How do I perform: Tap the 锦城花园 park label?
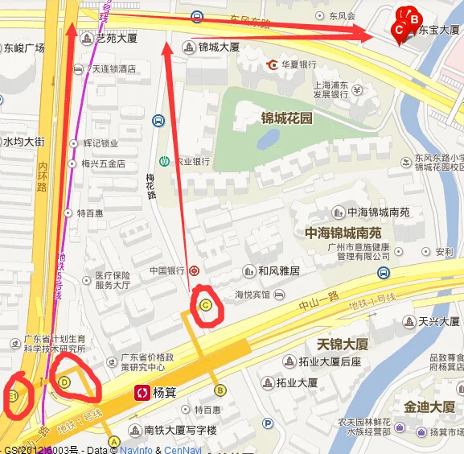coord(285,118)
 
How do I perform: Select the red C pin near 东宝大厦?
coord(398,30)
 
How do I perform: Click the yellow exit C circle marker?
coord(206,305)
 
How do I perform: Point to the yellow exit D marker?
coord(65,382)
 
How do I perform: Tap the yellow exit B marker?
coord(219,390)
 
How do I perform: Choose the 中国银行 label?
coord(167,271)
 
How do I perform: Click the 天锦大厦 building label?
coord(343,344)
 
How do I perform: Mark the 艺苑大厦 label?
coord(117,38)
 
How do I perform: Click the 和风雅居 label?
coord(278,271)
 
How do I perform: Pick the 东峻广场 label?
coord(23,47)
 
